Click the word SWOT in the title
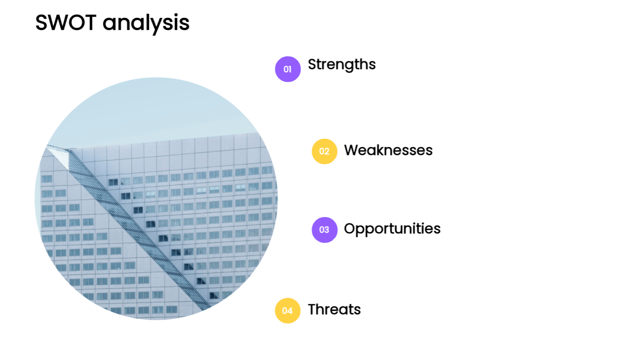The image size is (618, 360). pyautogui.click(x=66, y=22)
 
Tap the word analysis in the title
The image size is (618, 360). pyautogui.click(x=146, y=24)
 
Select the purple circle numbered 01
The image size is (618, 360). pyautogui.click(x=288, y=69)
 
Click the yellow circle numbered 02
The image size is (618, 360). pyautogui.click(x=325, y=152)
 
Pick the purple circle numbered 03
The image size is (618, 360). pyautogui.click(x=325, y=230)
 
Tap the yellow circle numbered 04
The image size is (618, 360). pyautogui.click(x=288, y=311)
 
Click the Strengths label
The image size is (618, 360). pyautogui.click(x=342, y=65)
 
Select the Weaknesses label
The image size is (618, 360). pyautogui.click(x=388, y=150)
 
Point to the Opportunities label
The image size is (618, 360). pyautogui.click(x=392, y=229)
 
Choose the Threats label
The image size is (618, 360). pyautogui.click(x=334, y=309)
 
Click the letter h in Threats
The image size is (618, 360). pyautogui.click(x=320, y=309)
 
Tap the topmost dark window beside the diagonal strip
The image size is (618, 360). pyautogui.click(x=113, y=182)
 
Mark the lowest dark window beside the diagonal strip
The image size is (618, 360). pyautogui.click(x=214, y=295)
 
